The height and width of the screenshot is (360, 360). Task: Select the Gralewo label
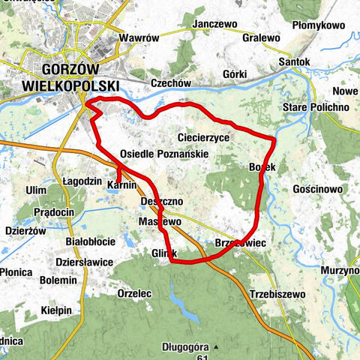pos(260,37)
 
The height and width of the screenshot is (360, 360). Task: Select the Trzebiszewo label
pos(275,293)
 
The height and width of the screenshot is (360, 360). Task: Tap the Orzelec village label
pos(137,293)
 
